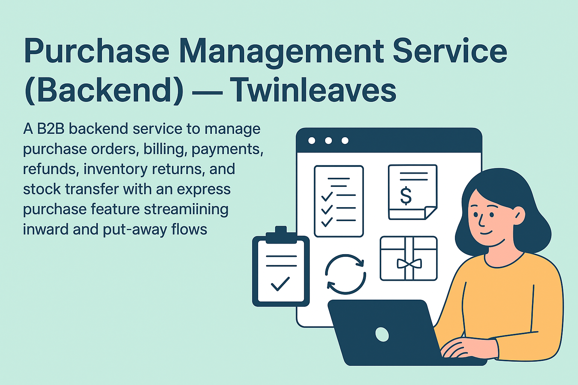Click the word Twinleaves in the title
(x=313, y=90)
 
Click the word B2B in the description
(x=51, y=129)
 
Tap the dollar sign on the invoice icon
(x=406, y=196)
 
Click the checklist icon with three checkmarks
(x=339, y=201)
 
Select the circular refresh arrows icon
(x=345, y=274)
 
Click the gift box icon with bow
(x=409, y=259)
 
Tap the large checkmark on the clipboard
(x=280, y=283)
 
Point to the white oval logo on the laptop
(x=382, y=334)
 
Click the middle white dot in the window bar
(x=328, y=141)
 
